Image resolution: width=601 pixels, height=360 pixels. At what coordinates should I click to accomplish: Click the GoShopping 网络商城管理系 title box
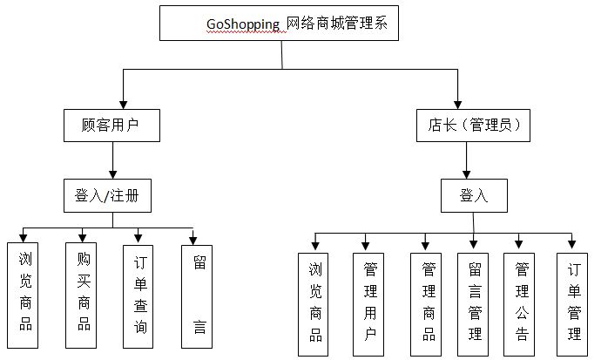pyautogui.click(x=279, y=24)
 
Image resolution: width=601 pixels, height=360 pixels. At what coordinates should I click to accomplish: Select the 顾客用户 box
pyautogui.click(x=113, y=126)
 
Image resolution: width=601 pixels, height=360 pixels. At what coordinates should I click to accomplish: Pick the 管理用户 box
pyautogui.click(x=370, y=303)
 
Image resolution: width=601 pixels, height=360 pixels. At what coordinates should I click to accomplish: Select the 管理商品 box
pyautogui.click(x=428, y=303)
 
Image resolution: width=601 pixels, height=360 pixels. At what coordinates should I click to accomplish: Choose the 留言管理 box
pyautogui.click(x=475, y=303)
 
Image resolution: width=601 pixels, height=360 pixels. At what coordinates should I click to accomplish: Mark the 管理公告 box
pyautogui.click(x=522, y=303)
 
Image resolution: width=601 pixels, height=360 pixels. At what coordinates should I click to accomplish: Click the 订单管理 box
pyautogui.click(x=574, y=303)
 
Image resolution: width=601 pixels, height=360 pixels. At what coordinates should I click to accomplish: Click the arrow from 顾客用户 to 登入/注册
pyautogui.click(x=112, y=160)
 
